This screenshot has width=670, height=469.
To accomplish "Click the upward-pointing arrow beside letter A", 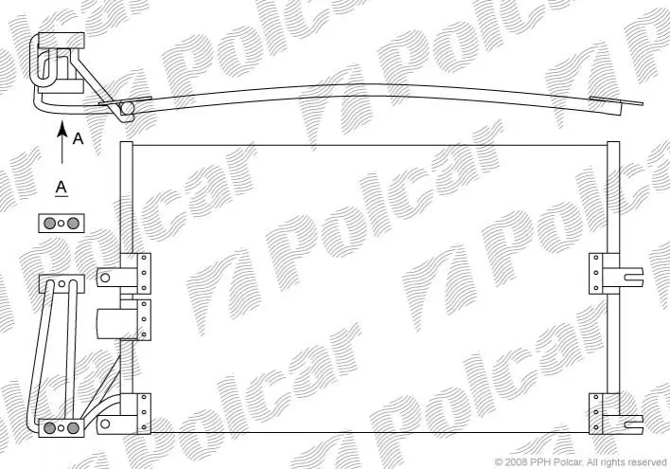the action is click(62, 142).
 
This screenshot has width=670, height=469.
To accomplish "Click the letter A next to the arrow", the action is click(79, 138).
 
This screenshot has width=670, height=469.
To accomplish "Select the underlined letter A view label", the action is click(62, 189).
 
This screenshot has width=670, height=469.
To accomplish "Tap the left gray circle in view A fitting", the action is click(49, 223).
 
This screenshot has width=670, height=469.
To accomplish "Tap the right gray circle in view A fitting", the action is click(73, 223).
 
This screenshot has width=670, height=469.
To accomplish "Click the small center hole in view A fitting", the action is click(62, 223).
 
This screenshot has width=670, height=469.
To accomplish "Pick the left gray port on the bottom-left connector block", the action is click(49, 427).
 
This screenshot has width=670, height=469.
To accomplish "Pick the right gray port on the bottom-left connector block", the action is click(73, 427).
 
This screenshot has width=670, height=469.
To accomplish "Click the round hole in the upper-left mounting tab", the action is click(105, 278).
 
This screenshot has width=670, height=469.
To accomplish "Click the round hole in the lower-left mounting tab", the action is click(105, 424).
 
